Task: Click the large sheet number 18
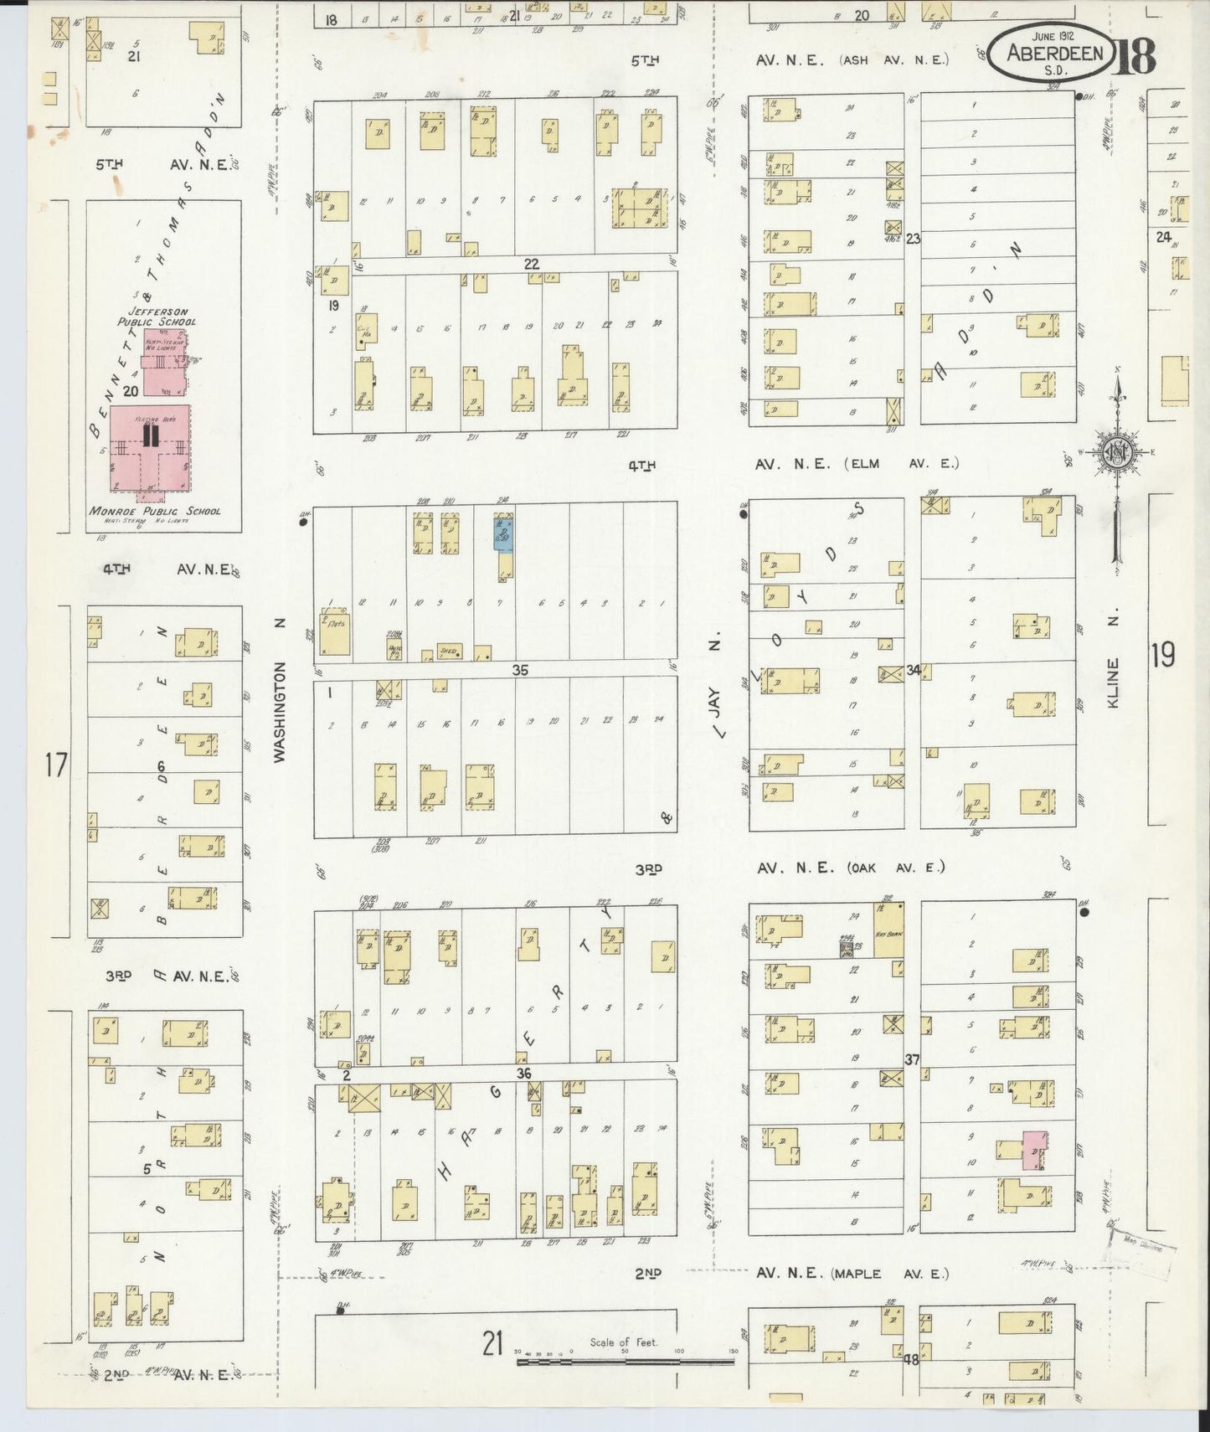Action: pos(1135,56)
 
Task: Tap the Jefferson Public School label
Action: pos(157,317)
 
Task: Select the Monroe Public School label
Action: pos(156,511)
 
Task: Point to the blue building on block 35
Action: pos(503,533)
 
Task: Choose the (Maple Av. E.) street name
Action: pos(890,1274)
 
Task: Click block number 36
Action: pos(523,1074)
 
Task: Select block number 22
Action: pos(531,263)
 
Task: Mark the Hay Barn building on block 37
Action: pos(888,930)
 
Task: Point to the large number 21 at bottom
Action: pos(492,1344)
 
